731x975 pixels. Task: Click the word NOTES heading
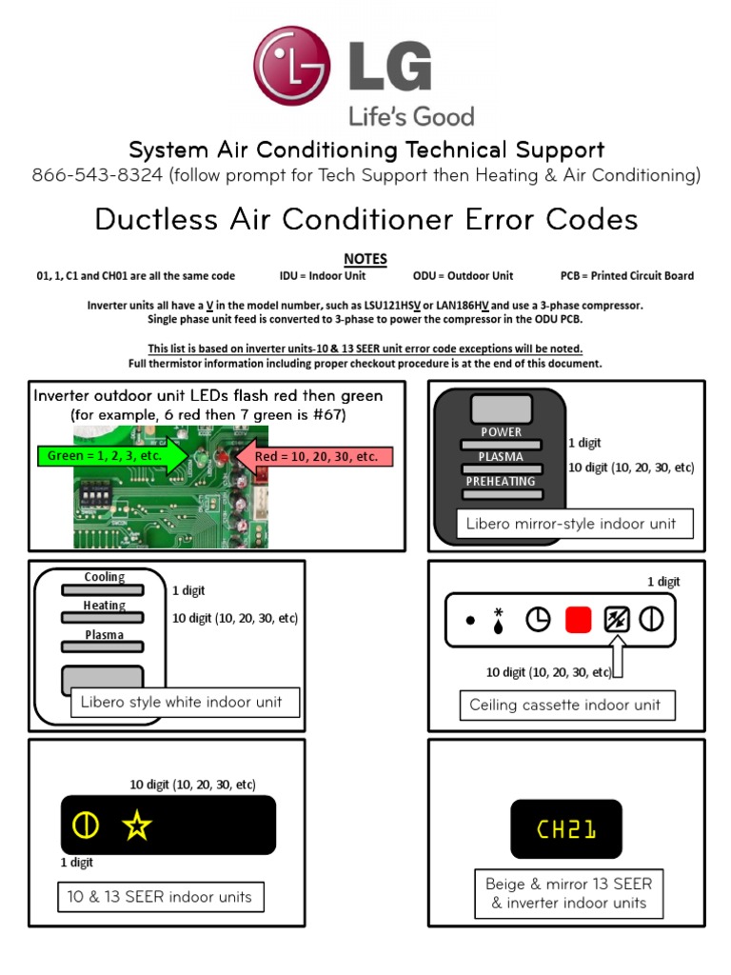(x=365, y=258)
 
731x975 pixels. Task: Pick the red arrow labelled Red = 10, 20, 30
(x=319, y=457)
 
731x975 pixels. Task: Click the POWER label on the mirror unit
(x=501, y=431)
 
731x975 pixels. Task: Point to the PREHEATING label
(x=501, y=481)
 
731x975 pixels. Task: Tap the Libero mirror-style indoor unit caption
(x=571, y=524)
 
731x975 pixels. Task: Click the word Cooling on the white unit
(x=104, y=577)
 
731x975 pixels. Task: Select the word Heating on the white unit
(x=104, y=606)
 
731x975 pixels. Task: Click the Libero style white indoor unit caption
(x=181, y=703)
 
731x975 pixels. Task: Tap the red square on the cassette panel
(x=579, y=620)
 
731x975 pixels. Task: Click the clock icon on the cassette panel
(x=538, y=620)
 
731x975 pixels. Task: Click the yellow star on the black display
(x=136, y=826)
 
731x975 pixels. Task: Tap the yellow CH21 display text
(x=565, y=830)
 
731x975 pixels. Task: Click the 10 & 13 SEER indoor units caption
(x=159, y=897)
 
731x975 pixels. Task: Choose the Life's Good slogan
(x=410, y=117)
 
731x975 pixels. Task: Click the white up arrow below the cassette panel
(x=617, y=656)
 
